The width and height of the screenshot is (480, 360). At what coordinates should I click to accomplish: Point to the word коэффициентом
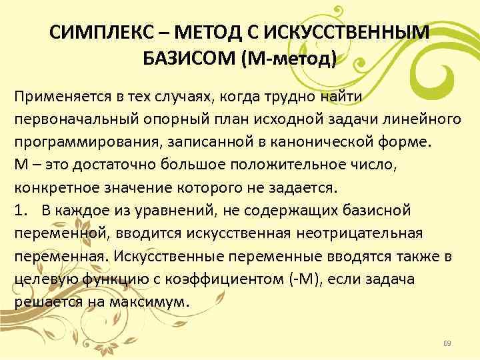pyautogui.click(x=214, y=279)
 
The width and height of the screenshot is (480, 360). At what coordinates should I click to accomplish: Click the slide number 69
pyautogui.click(x=447, y=343)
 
